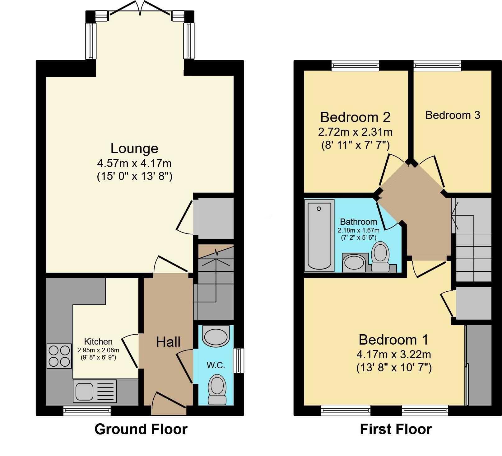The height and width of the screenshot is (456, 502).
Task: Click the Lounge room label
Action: [134, 148]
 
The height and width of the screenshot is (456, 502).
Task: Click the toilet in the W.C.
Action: [217, 389]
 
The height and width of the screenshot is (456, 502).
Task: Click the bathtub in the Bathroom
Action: [319, 235]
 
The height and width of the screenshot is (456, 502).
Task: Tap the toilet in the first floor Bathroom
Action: [380, 257]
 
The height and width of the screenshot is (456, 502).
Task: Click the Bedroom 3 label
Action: [453, 115]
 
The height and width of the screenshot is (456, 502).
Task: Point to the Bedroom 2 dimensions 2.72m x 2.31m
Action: [355, 132]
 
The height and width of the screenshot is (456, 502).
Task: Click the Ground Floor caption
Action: [141, 429]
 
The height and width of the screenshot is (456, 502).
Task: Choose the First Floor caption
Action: [396, 429]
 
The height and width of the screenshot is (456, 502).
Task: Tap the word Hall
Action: [168, 342]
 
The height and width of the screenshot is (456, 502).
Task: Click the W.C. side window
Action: [239, 360]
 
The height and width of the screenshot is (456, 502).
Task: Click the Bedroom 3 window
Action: [437, 65]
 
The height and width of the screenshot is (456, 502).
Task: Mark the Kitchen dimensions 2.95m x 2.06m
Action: [98, 350]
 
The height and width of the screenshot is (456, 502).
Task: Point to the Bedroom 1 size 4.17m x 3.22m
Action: [394, 354]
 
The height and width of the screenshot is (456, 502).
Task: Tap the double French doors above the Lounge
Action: [140, 8]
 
